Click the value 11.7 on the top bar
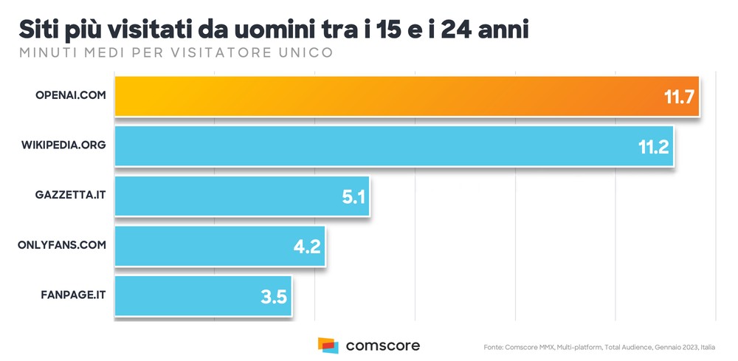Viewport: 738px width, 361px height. pos(680,97)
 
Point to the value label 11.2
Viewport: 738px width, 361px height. pos(653,147)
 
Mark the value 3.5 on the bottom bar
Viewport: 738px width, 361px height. pos(273,297)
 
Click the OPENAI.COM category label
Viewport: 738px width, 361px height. pos(71,96)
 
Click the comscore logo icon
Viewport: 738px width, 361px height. pos(328,345)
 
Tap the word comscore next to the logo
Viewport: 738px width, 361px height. pos(383,345)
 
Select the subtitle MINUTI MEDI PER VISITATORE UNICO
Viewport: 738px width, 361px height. pos(176,52)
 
